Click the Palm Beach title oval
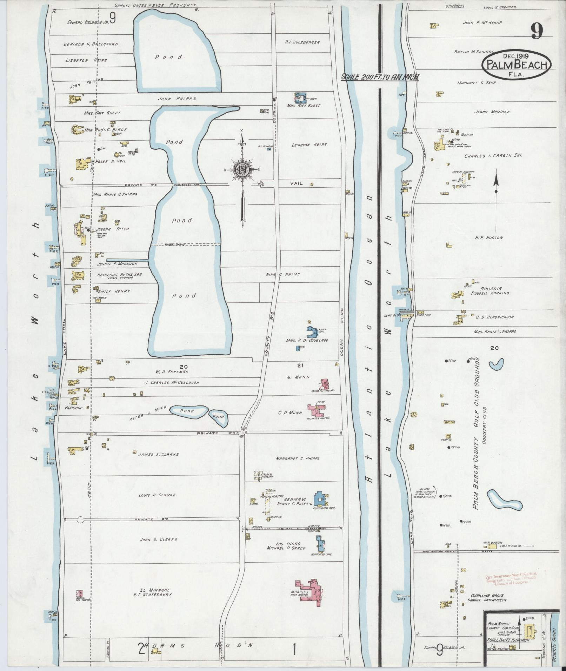point(516,65)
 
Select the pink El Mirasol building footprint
point(311,592)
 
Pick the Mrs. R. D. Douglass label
point(307,340)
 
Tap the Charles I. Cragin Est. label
point(493,156)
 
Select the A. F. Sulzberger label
point(302,42)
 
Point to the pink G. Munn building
point(324,384)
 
